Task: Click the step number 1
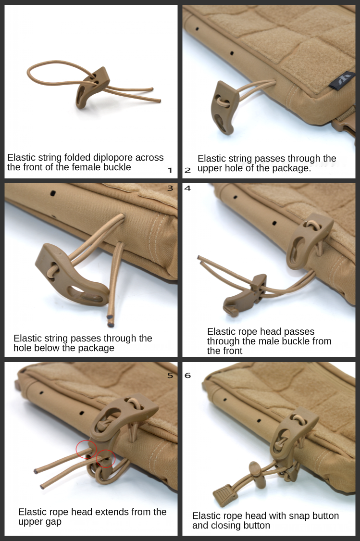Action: [x=170, y=170]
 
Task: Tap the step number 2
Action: [x=187, y=170]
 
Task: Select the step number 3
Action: [x=170, y=189]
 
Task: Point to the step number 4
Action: [x=187, y=189]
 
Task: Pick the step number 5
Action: [x=170, y=376]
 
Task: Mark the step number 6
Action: [x=187, y=376]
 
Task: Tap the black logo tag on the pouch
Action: [x=342, y=81]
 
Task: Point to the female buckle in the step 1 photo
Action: [x=91, y=88]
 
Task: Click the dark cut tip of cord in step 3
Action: [x=111, y=324]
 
